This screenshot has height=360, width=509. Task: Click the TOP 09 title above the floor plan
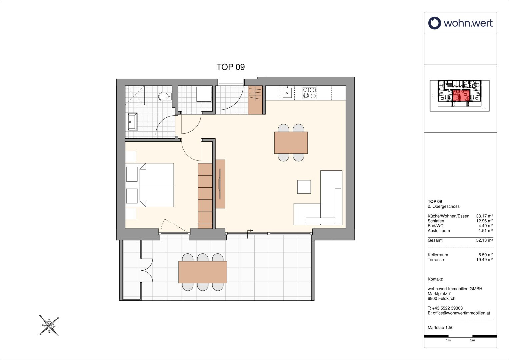(230, 67)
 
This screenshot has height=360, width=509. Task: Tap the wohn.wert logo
(460, 23)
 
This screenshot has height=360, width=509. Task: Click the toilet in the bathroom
(165, 97)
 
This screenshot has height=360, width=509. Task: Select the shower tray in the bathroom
(135, 95)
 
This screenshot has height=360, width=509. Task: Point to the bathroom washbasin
(133, 122)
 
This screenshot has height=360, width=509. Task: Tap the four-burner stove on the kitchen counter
(309, 93)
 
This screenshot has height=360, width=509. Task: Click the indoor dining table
(291, 143)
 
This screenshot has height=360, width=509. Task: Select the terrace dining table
(203, 272)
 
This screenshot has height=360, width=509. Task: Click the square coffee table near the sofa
(304, 187)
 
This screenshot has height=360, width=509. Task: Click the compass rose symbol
(49, 326)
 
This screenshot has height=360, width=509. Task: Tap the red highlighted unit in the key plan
(461, 95)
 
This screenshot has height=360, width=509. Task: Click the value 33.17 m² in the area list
(484, 216)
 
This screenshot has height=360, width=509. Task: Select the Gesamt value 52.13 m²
(484, 240)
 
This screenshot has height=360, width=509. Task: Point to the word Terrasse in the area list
(436, 260)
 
